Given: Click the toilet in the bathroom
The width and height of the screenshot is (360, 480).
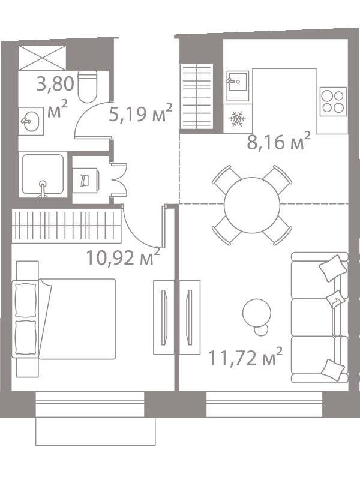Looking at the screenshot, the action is tap(88, 86).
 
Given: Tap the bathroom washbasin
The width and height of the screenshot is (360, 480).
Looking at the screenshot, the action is tap(31, 121).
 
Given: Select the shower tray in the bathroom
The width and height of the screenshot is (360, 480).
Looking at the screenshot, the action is tap(43, 174).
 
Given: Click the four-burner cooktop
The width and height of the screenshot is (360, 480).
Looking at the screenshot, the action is tap(333, 101).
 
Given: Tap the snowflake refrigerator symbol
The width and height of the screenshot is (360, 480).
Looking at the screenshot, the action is tap(237, 119).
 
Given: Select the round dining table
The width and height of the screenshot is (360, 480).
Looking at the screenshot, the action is tap(252, 205).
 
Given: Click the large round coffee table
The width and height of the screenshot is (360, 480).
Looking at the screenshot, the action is tap(257, 313).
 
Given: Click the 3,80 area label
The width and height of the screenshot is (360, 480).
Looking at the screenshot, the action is tap(55, 84).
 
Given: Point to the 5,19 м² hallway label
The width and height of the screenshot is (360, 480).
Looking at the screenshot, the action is tap(141, 113).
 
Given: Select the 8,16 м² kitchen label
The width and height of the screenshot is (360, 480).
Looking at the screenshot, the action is tap(278, 142).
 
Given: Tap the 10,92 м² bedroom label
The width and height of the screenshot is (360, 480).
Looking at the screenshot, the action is tap(123, 257).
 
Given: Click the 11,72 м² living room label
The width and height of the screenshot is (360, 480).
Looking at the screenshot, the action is tap(245, 357).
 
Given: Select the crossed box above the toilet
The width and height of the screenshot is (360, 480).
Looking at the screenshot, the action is tap(42, 58).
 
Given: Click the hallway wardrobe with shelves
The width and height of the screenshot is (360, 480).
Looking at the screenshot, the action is tap(196, 97).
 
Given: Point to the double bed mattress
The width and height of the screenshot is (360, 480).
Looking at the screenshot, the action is tap(77, 319).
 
